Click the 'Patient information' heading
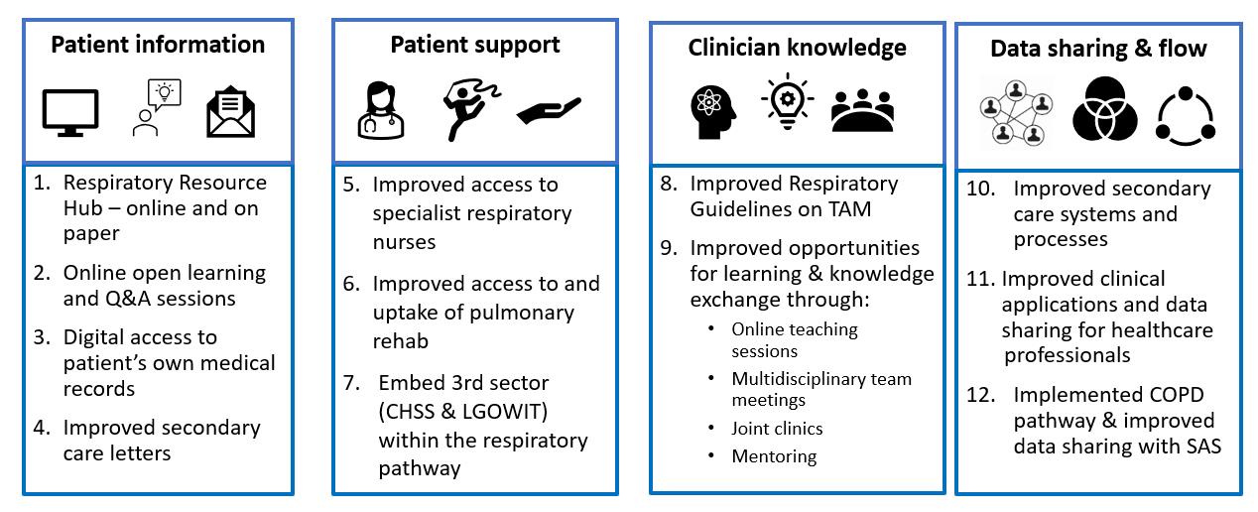click(158, 45)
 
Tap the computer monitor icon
click(70, 112)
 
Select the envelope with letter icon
click(231, 113)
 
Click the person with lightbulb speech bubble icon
click(154, 108)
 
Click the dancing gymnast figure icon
click(462, 107)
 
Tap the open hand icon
click(548, 110)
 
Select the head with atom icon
click(715, 109)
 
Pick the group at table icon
click(862, 110)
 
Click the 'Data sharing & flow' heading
click(1098, 49)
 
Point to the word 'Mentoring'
click(774, 456)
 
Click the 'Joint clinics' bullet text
click(777, 429)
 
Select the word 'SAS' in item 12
click(1202, 447)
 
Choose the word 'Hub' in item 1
click(83, 208)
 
